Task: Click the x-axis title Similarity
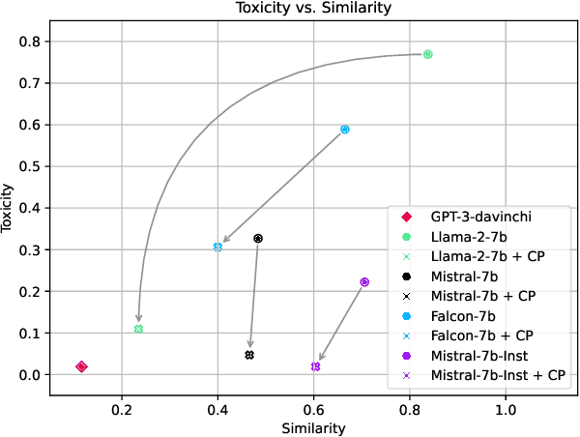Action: [311, 426]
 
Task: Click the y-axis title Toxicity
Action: [10, 208]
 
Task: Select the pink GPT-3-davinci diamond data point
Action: [82, 366]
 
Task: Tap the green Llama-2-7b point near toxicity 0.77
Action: [428, 54]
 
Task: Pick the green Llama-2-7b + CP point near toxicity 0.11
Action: [139, 329]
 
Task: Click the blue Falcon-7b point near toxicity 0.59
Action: [345, 130]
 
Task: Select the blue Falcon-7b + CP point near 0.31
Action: [217, 247]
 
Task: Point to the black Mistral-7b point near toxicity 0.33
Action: [258, 238]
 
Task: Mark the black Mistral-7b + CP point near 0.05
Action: [249, 355]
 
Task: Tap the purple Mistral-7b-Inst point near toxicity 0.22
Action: [364, 282]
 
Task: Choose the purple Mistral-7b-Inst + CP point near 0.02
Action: [316, 366]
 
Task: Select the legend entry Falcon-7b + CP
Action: [479, 335]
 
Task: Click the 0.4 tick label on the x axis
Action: [217, 409]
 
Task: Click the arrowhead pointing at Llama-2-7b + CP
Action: [139, 319]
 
